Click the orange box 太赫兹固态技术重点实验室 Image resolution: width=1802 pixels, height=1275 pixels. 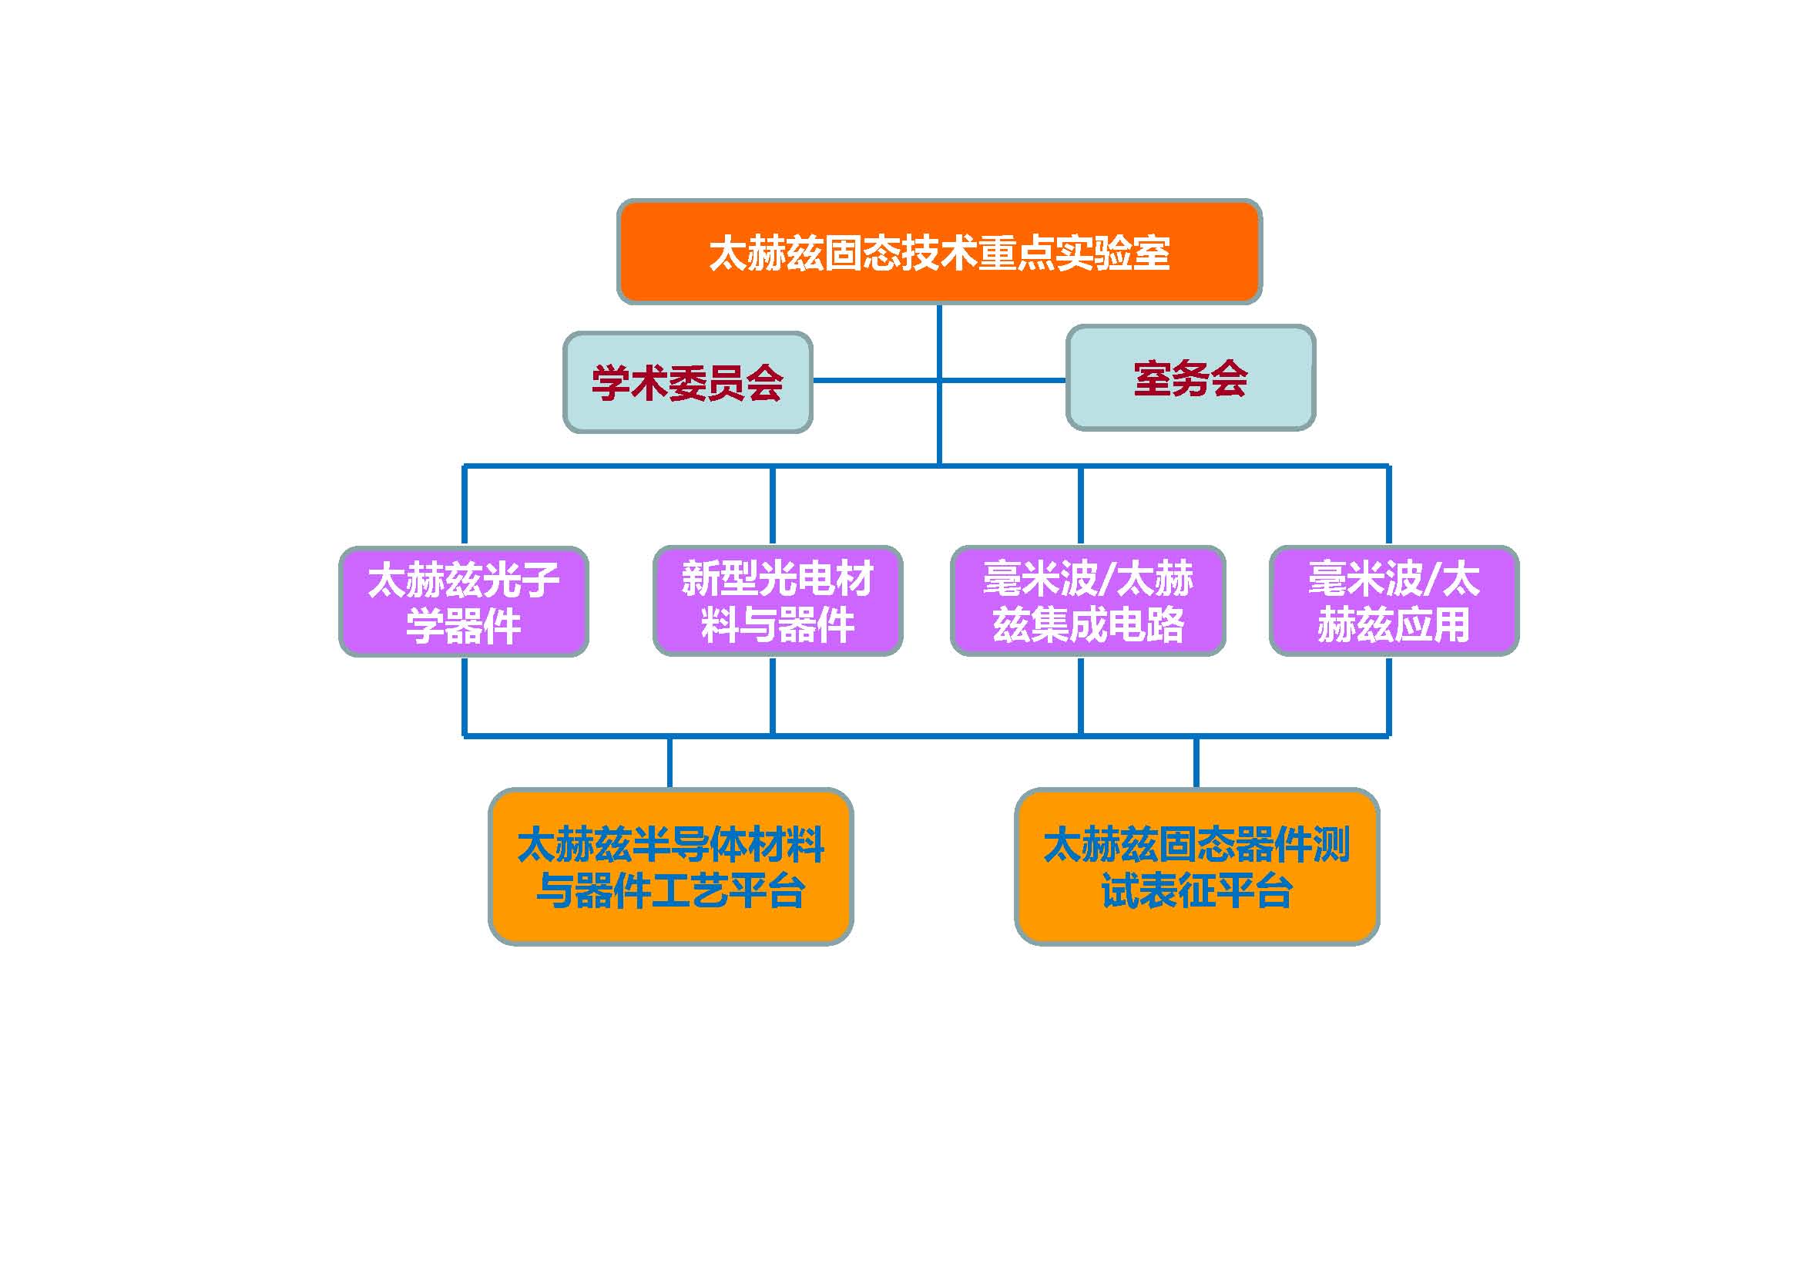tap(938, 251)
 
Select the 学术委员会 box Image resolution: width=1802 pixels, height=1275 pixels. tap(687, 382)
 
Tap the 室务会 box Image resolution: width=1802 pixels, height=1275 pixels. tap(1190, 378)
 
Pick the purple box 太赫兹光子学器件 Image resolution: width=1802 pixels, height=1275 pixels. tap(463, 601)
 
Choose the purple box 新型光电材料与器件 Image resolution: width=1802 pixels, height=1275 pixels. tap(777, 600)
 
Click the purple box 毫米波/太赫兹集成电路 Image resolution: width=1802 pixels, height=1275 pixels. tap(1087, 600)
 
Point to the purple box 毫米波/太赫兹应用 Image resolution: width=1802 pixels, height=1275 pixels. tap(1393, 600)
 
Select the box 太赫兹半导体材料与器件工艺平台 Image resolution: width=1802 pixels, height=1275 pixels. tap(670, 866)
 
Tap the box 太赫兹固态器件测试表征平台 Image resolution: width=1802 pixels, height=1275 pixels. tap(1196, 866)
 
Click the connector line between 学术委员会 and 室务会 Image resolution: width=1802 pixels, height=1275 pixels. tap(871, 381)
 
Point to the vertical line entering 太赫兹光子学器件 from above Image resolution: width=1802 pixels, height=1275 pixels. tap(465, 506)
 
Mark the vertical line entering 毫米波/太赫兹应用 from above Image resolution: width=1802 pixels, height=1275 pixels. tap(1388, 506)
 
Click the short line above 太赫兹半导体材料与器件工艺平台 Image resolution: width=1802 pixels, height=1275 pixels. tap(669, 762)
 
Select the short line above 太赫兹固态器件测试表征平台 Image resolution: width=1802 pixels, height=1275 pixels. tap(1196, 762)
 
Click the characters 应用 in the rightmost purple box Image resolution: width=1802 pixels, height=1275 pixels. tap(1432, 625)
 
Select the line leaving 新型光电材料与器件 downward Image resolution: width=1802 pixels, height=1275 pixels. tap(772, 695)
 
